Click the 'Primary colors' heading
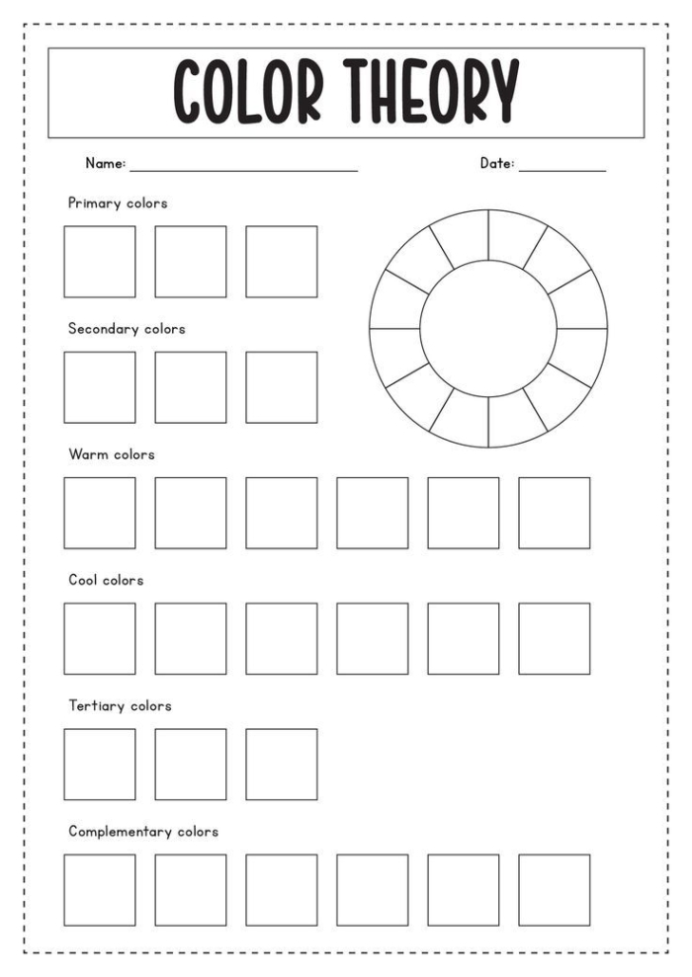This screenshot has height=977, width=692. (x=118, y=204)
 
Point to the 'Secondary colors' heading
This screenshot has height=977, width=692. (x=127, y=329)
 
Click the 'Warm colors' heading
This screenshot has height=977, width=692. (x=112, y=454)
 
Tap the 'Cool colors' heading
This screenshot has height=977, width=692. (x=106, y=580)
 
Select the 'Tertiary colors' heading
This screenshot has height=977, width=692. (x=120, y=705)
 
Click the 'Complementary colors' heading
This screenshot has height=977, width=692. (x=143, y=831)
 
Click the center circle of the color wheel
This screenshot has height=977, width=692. (x=488, y=328)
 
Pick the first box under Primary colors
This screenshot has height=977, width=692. (x=100, y=262)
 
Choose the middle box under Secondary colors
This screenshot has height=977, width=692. (x=191, y=387)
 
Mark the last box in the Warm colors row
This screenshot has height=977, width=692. (x=555, y=513)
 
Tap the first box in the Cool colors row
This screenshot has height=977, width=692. (x=100, y=638)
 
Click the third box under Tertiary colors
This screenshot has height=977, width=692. (x=282, y=764)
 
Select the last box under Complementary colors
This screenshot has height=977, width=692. (x=555, y=889)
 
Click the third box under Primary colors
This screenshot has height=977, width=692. (x=282, y=262)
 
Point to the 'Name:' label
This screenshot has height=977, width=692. (x=105, y=164)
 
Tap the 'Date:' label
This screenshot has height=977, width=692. (x=497, y=164)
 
